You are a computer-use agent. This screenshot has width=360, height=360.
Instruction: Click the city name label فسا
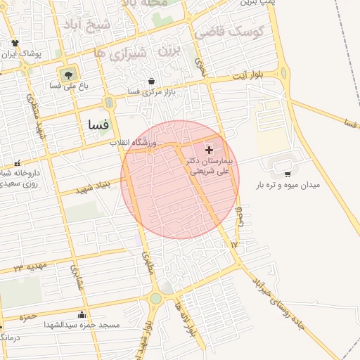coord(98,124)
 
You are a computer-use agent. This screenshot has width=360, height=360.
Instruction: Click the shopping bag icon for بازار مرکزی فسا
coord(153,81)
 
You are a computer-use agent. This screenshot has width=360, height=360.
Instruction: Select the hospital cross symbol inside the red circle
coord(209,150)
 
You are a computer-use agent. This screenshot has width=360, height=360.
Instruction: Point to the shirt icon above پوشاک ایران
coord(15,43)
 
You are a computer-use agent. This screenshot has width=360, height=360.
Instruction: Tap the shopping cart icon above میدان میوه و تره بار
coord(287,174)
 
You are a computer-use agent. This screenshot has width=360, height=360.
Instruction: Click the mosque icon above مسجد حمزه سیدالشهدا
coord(82,315)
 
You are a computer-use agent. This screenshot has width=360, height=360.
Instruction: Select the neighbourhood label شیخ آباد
coord(82,26)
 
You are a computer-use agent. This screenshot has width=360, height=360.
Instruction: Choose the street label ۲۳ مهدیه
coord(29,268)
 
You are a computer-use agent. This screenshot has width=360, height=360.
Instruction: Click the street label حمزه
coord(28,317)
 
